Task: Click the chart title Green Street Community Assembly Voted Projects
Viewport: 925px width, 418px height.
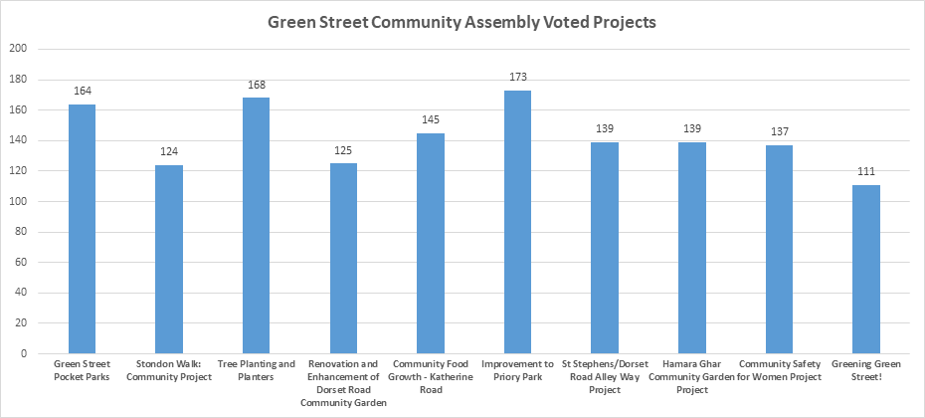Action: tap(462, 22)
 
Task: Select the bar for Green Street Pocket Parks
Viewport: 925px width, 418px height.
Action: tap(82, 229)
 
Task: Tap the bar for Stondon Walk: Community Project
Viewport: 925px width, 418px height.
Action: tap(169, 259)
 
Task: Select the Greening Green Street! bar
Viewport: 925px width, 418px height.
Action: tap(866, 269)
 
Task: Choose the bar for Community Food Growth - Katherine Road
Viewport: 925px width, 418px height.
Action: tap(431, 243)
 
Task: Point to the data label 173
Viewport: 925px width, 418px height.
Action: tap(517, 77)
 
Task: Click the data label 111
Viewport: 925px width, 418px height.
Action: tap(866, 171)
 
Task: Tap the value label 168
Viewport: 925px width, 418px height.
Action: tap(256, 85)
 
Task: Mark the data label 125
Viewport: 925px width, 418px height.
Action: tap(343, 150)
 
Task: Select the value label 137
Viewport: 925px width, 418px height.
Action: tap(779, 131)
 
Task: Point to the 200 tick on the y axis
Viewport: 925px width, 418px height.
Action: tap(17, 49)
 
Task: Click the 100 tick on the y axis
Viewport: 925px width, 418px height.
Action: tap(17, 201)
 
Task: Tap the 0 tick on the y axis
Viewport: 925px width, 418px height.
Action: tap(23, 353)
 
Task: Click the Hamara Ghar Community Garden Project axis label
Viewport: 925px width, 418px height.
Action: tap(692, 377)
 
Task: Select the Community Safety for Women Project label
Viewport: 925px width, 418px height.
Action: tap(779, 371)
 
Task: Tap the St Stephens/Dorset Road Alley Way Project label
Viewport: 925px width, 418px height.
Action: tap(605, 377)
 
